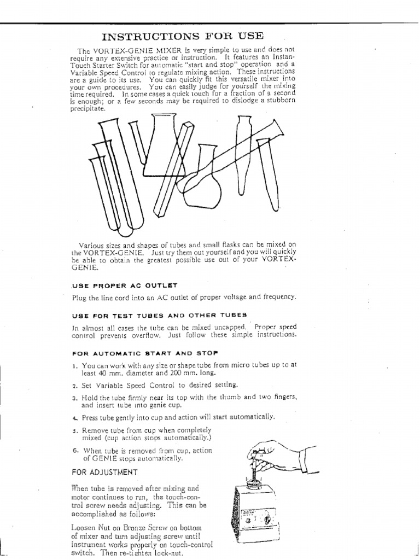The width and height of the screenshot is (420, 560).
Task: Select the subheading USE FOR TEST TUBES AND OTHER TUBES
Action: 159,315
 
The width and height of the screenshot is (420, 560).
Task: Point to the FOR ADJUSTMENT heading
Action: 104,471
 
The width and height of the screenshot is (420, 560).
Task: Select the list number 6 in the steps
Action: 74,450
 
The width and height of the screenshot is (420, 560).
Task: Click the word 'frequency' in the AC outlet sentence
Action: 278,297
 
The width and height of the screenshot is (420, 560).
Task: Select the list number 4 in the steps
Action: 74,417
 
